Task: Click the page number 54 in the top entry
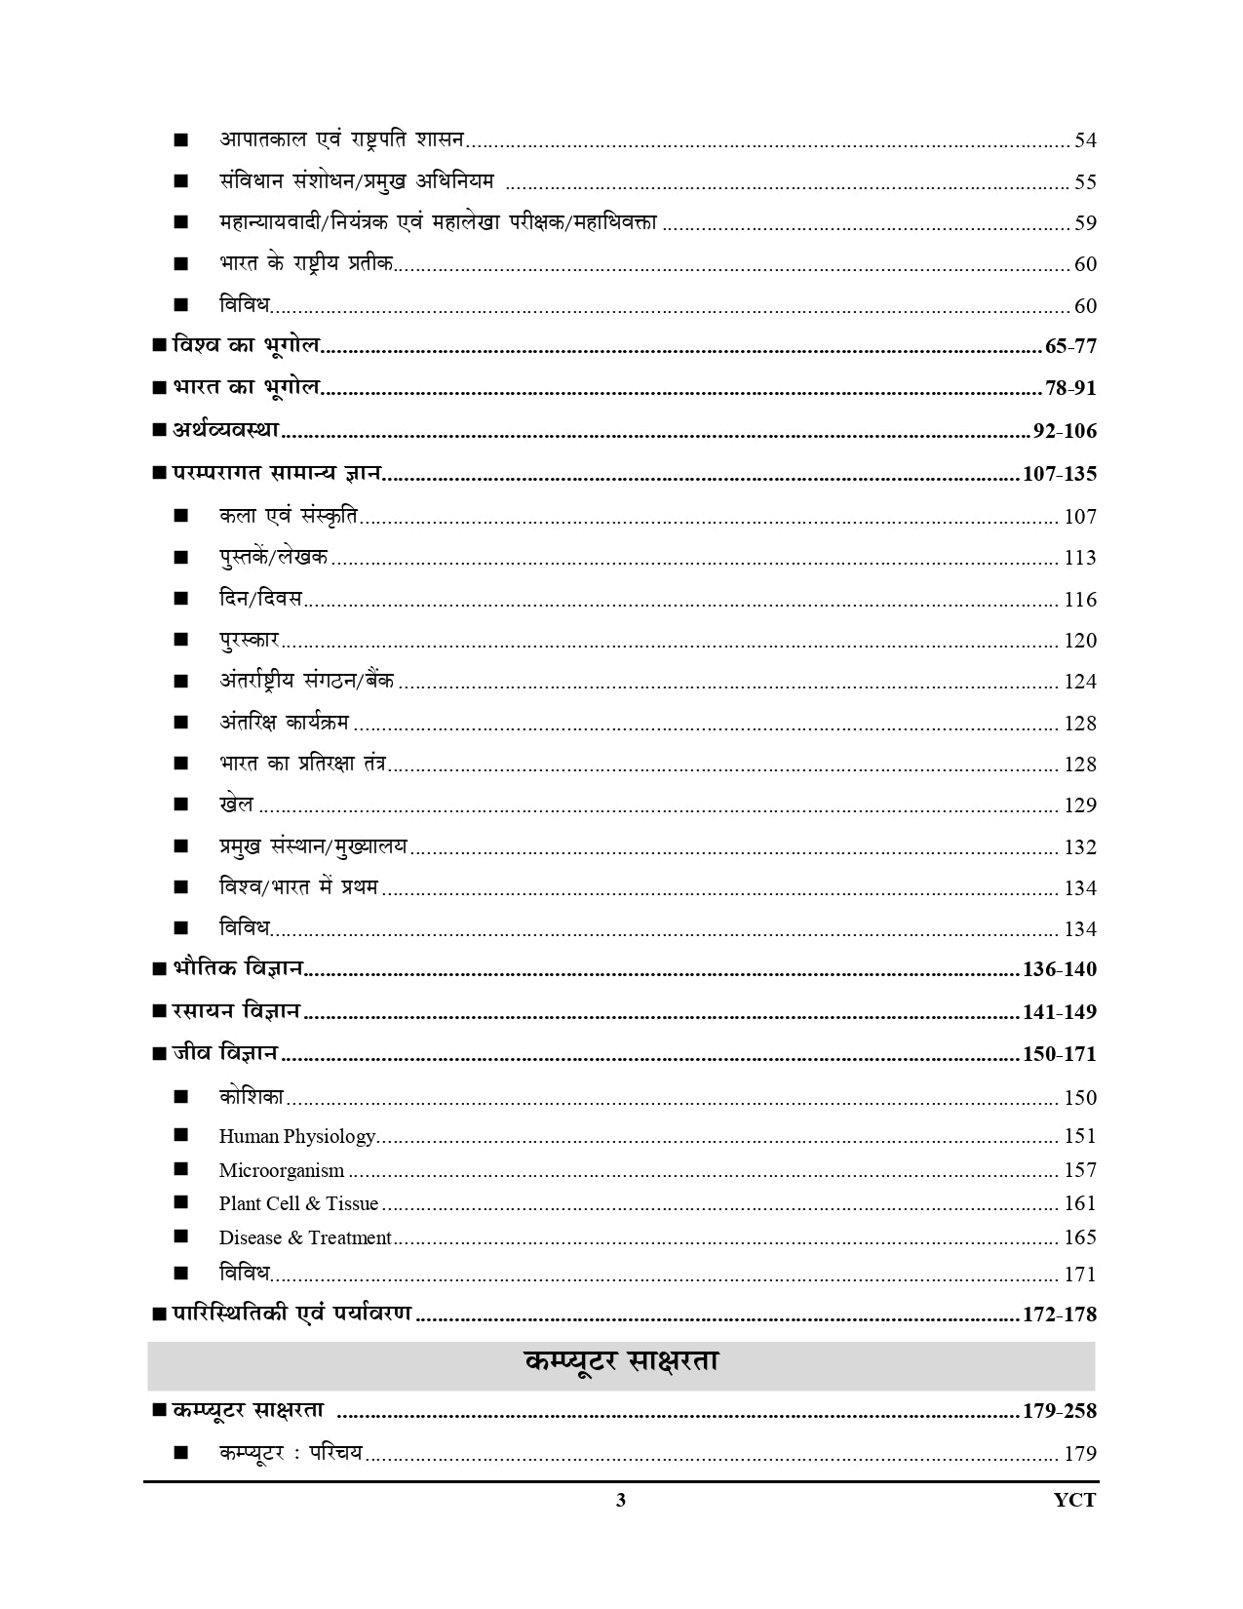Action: (1085, 140)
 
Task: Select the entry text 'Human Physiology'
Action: (296, 1136)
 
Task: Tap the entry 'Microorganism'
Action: (281, 1170)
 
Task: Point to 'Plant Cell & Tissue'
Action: (298, 1203)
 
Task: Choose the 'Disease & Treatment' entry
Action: (304, 1237)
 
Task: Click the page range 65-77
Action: (1069, 346)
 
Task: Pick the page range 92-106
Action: (1064, 431)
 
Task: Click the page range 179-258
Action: (1059, 1411)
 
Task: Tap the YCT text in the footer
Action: (1074, 1500)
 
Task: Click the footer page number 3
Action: (621, 1500)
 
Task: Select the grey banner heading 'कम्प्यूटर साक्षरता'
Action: (621, 1362)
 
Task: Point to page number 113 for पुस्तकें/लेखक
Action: (1080, 558)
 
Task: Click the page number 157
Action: (1080, 1170)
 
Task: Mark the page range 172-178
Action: (1059, 1315)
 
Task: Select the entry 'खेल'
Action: (236, 804)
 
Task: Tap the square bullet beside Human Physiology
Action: (180, 1135)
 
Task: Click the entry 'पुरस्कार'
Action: (249, 640)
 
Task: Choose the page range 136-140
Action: (1059, 969)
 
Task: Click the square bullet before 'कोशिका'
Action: (180, 1097)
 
